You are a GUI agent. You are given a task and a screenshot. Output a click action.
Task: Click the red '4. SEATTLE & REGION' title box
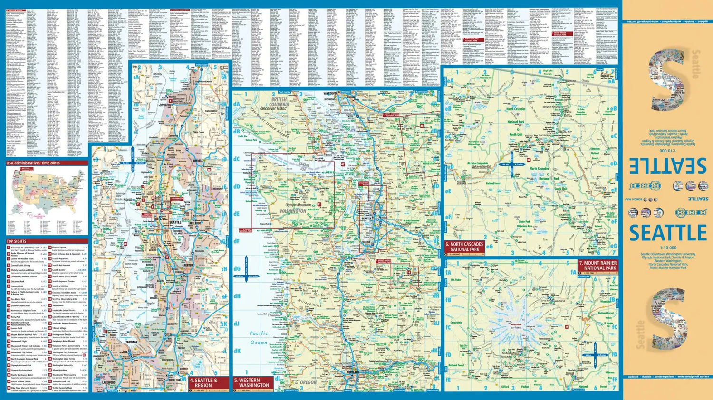(x=208, y=383)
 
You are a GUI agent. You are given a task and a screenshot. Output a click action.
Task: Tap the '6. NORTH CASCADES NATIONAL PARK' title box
(x=464, y=247)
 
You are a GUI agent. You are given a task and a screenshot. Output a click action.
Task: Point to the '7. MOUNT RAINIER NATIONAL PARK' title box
(x=597, y=265)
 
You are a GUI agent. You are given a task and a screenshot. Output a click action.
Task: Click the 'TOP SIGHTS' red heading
(x=17, y=241)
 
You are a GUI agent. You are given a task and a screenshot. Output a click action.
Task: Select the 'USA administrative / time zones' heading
(x=33, y=163)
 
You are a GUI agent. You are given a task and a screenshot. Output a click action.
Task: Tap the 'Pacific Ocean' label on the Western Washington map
(x=259, y=338)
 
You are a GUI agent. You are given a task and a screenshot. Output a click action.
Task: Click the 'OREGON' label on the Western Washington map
(x=308, y=382)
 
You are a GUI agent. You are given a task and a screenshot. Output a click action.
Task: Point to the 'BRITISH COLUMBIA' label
(x=279, y=102)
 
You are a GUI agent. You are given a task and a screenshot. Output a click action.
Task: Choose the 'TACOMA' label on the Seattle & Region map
(x=131, y=342)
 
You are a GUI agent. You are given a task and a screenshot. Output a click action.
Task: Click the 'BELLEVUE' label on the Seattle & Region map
(x=195, y=223)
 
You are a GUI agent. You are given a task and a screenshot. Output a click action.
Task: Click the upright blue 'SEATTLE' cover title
(x=668, y=233)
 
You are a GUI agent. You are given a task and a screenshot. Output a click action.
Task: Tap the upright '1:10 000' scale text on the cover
(x=668, y=248)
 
